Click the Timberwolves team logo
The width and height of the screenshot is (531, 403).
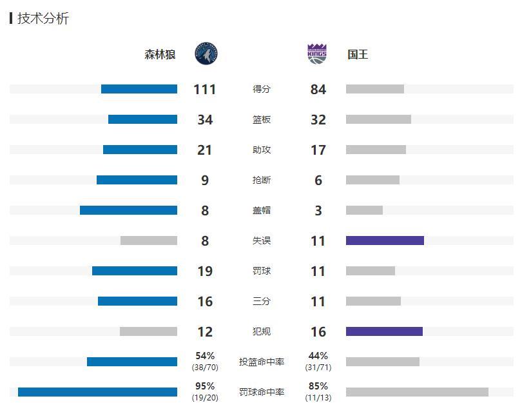point(206,54)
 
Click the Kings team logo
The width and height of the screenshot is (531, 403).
point(317,54)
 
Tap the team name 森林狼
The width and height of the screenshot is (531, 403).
point(160,55)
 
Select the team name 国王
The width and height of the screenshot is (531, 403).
point(358,55)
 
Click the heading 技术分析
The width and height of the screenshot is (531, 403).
point(43,19)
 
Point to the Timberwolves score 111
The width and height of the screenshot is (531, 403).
point(205,90)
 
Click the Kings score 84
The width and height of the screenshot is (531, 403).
point(318,90)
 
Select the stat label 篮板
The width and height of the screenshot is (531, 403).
point(262,120)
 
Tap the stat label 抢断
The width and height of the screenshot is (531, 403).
point(262,181)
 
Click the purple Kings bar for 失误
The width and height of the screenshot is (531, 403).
point(385,241)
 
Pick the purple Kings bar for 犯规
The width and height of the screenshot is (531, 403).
point(384,331)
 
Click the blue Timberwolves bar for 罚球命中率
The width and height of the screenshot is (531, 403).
point(97,392)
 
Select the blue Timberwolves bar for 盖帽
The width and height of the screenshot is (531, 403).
point(128,210)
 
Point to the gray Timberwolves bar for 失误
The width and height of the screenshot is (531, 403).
point(149,241)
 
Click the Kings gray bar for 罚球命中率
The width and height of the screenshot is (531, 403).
point(417,392)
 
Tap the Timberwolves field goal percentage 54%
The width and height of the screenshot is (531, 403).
point(205,356)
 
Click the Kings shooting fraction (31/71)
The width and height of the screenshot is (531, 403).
point(318,368)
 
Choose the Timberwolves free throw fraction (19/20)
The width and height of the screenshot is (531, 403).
point(205,398)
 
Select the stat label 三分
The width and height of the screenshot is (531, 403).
point(262,301)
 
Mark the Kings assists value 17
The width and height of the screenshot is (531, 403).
point(318,150)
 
